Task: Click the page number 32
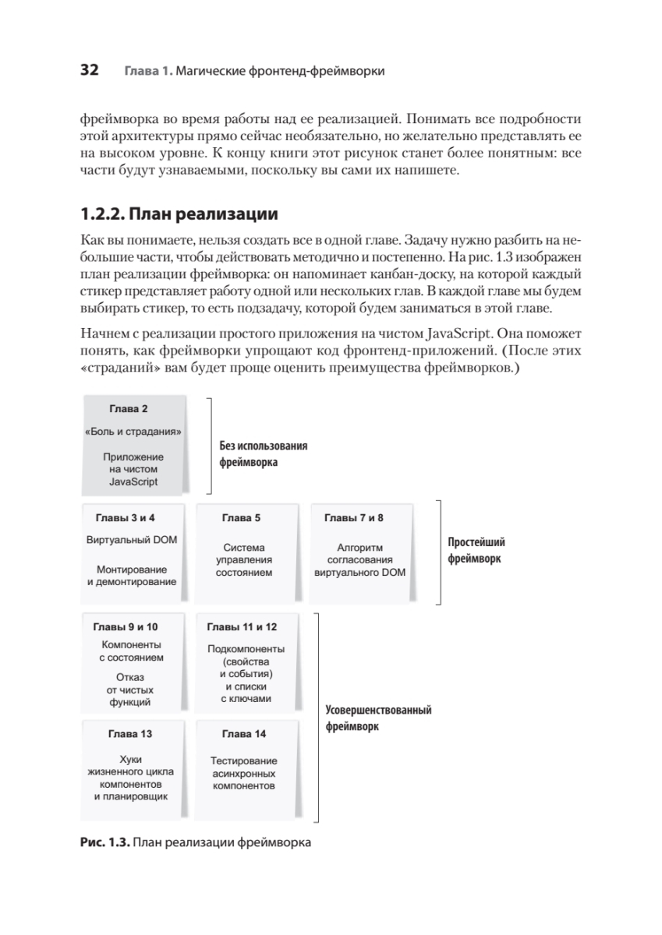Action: click(88, 71)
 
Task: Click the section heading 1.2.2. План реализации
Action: click(180, 213)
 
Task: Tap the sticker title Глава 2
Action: click(128, 409)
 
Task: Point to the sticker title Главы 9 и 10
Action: click(126, 626)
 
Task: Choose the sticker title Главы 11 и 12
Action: click(242, 626)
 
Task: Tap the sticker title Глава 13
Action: click(130, 734)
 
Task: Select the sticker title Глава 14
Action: click(244, 734)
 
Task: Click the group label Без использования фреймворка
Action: click(263, 453)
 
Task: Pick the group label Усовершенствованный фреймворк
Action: click(377, 718)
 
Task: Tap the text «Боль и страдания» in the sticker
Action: click(133, 431)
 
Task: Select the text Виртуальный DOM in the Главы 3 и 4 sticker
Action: click(131, 539)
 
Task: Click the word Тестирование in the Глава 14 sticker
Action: click(244, 760)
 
